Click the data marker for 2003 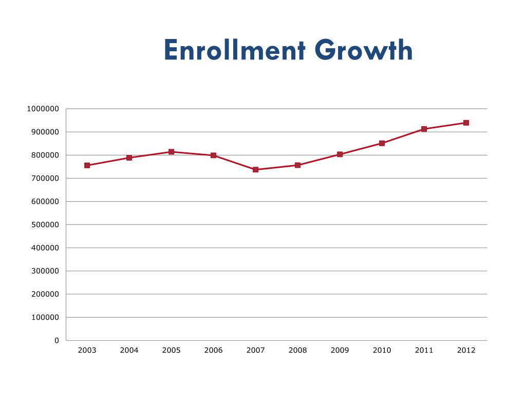87,166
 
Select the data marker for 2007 256,169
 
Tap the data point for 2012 466,123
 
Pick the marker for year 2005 172,152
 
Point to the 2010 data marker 382,144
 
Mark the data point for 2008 297,165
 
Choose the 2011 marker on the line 424,129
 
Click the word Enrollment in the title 235,50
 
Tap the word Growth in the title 364,50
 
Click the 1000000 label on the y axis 43,109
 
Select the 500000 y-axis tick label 45,225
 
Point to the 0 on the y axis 57,341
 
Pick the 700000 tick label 45,179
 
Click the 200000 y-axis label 45,294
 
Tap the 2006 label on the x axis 213,350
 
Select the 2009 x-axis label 340,350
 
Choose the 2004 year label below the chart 129,350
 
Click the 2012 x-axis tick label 466,350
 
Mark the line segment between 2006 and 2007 234,163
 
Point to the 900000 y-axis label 45,132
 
